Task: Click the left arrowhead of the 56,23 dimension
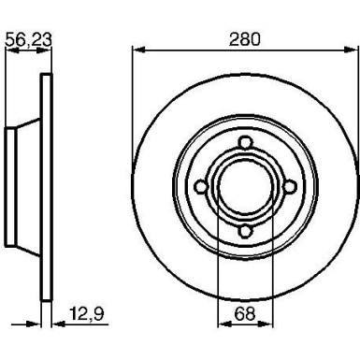coord(10,50)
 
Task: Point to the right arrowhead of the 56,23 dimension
coord(46,50)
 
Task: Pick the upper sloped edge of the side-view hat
coord(27,119)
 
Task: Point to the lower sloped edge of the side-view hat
coord(27,253)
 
